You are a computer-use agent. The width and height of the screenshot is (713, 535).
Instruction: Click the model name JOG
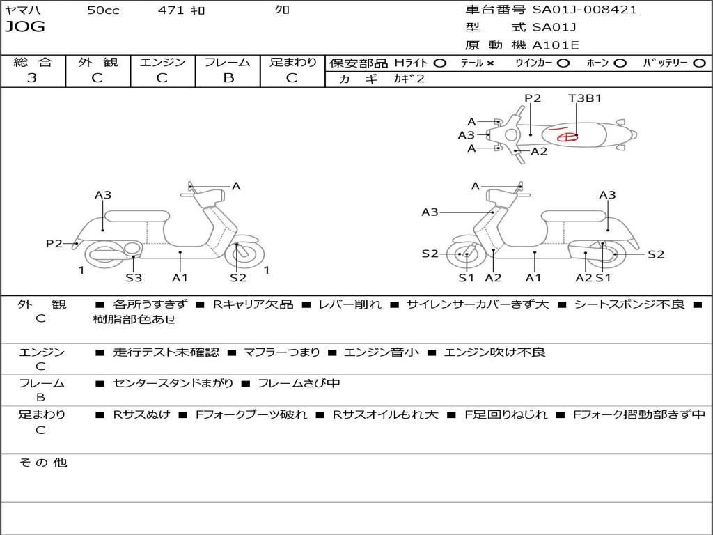pos(24,27)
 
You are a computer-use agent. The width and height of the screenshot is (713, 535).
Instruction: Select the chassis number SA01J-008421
pos(584,10)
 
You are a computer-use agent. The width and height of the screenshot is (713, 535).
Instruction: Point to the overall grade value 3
pos(32,78)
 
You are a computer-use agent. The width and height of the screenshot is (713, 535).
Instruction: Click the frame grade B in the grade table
pos(228,78)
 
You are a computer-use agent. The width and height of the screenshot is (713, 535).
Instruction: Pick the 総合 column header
pos(32,62)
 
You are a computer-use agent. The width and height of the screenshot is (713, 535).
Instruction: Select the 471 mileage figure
pos(171,10)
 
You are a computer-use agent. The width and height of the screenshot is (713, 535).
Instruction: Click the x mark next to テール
pos(490,63)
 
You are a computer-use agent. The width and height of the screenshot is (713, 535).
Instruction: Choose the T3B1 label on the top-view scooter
pos(584,98)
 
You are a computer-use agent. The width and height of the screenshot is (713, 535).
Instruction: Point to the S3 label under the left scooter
pos(133,278)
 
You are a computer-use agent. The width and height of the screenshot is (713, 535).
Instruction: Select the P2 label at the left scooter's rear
pos(54,243)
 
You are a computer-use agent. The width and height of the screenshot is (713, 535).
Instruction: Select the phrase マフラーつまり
pos(281,352)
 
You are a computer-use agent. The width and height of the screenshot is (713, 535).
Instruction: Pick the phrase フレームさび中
pos(299,383)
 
